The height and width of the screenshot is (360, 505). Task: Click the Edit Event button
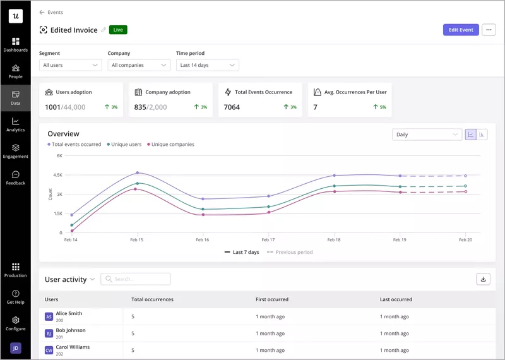tap(461, 30)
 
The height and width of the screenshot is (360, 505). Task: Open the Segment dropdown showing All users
tap(70, 65)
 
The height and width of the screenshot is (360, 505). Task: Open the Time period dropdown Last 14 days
tap(207, 65)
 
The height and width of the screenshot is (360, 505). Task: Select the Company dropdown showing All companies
tap(139, 65)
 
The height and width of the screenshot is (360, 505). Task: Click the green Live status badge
tap(118, 30)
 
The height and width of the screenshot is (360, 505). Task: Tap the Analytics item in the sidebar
tap(15, 124)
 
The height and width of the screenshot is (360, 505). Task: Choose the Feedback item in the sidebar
tap(15, 177)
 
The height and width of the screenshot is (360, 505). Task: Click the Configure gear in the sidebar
tap(15, 323)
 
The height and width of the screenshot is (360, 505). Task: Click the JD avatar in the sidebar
tap(15, 348)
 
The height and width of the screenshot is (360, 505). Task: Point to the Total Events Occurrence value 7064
tap(232, 107)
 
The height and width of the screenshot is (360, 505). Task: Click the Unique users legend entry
tap(126, 145)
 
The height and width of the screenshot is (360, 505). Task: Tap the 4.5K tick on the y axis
tap(57, 175)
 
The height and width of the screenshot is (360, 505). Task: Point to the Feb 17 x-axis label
tap(268, 240)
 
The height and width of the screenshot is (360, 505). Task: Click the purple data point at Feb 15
tap(137, 172)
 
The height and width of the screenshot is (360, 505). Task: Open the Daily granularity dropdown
tap(427, 135)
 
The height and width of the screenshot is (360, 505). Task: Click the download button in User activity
tap(483, 279)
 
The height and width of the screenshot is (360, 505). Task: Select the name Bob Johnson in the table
tap(70, 330)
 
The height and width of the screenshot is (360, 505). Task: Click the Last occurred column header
tap(396, 299)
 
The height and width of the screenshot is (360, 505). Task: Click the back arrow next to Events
tap(42, 12)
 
